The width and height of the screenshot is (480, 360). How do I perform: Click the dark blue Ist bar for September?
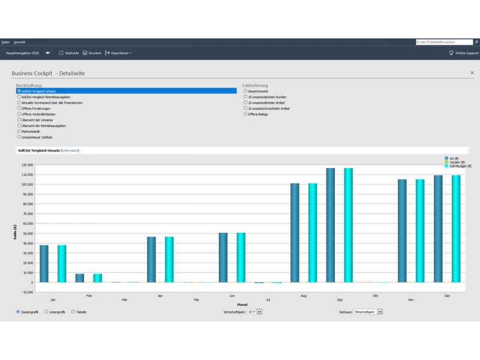[x=331, y=225]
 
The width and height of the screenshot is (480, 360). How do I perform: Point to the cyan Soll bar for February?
[x=97, y=278]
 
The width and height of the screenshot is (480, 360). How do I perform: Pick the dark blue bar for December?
[x=438, y=229]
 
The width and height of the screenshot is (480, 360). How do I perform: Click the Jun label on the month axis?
[x=232, y=296]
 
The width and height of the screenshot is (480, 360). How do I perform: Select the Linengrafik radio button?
[x=47, y=312]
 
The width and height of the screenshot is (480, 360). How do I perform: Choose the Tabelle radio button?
[x=73, y=312]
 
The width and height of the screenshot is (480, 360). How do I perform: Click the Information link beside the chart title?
[x=70, y=150]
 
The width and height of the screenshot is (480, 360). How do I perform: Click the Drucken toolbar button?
[x=92, y=53]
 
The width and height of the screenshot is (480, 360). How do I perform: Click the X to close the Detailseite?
[x=472, y=73]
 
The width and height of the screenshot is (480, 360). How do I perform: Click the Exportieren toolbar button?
[x=118, y=53]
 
